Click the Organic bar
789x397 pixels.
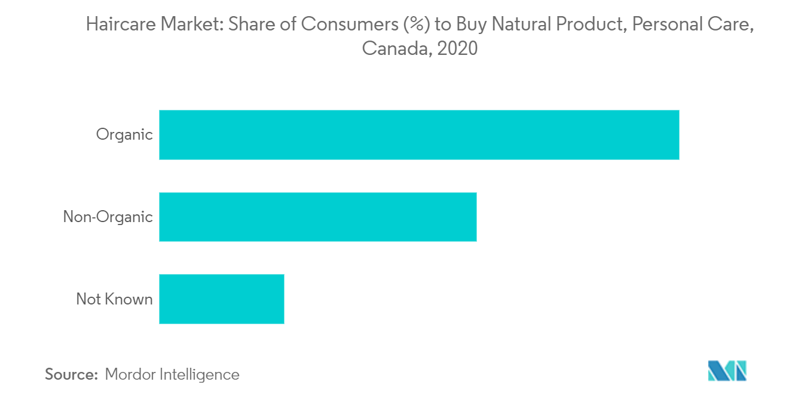pyautogui.click(x=418, y=135)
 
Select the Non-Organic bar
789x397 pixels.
pyautogui.click(x=317, y=217)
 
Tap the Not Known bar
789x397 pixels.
pyautogui.click(x=221, y=299)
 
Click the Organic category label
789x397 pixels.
pyautogui.click(x=124, y=135)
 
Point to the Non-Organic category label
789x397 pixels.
pyautogui.click(x=108, y=217)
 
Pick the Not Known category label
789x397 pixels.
pyautogui.click(x=114, y=299)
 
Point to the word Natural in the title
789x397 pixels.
pyautogui.click(x=520, y=24)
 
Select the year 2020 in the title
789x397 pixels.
pyautogui.click(x=457, y=48)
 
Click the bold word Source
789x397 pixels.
pyautogui.click(x=71, y=374)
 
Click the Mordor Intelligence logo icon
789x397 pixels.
pyautogui.click(x=727, y=371)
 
